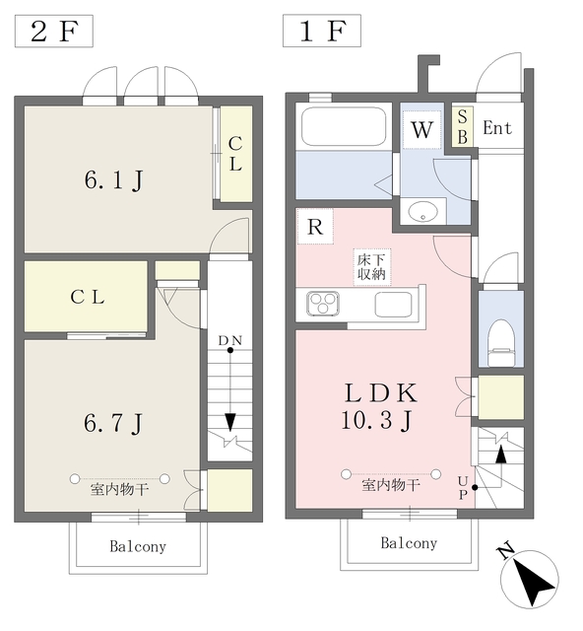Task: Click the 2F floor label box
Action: (54, 31)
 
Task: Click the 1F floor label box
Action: (322, 31)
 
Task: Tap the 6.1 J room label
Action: (114, 179)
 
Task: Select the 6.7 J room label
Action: (113, 423)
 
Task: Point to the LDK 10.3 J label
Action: (379, 406)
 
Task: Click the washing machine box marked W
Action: (422, 129)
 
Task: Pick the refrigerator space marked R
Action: (315, 226)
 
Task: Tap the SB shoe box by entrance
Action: (462, 126)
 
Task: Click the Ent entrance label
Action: (497, 128)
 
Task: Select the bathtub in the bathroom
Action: (344, 126)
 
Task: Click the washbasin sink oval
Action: (423, 211)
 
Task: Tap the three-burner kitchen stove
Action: (323, 304)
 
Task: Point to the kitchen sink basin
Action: (393, 305)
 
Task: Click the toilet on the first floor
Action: (501, 343)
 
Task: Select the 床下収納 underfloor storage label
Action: (372, 267)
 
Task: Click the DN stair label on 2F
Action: (230, 341)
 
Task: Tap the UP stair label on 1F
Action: (463, 488)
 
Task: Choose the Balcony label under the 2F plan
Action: (138, 546)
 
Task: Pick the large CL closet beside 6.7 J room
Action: (86, 297)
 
